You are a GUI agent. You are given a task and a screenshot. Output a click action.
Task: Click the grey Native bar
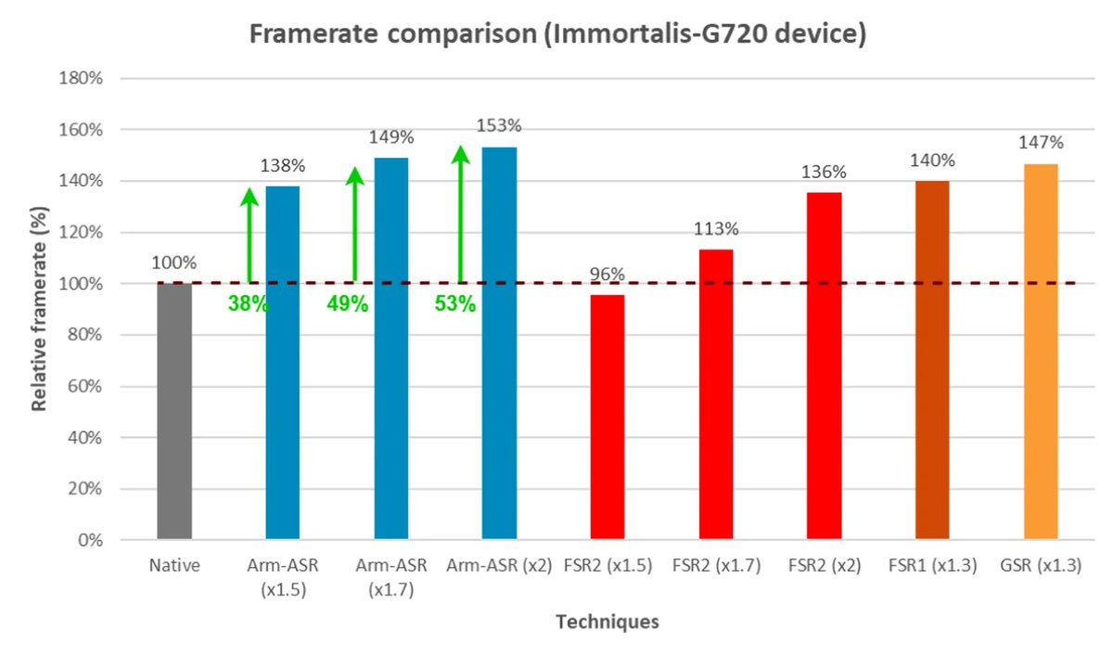click(174, 411)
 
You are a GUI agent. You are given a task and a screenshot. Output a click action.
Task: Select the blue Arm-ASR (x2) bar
click(499, 343)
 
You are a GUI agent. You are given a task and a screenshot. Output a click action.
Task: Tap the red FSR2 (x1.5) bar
click(608, 417)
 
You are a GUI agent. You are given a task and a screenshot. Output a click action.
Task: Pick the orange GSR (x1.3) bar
click(1041, 352)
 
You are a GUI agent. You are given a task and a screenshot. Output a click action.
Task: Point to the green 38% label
click(248, 303)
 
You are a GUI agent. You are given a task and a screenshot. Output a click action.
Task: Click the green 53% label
click(455, 303)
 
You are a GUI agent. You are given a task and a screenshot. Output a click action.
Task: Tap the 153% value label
click(499, 125)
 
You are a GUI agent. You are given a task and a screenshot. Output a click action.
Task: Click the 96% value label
click(608, 274)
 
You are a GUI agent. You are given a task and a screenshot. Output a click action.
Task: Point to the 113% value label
click(716, 228)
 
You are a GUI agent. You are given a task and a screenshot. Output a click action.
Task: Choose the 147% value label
click(1041, 143)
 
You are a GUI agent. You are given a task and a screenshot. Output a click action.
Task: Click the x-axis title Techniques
click(608, 622)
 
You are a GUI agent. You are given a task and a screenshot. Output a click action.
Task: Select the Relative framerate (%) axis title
click(40, 308)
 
